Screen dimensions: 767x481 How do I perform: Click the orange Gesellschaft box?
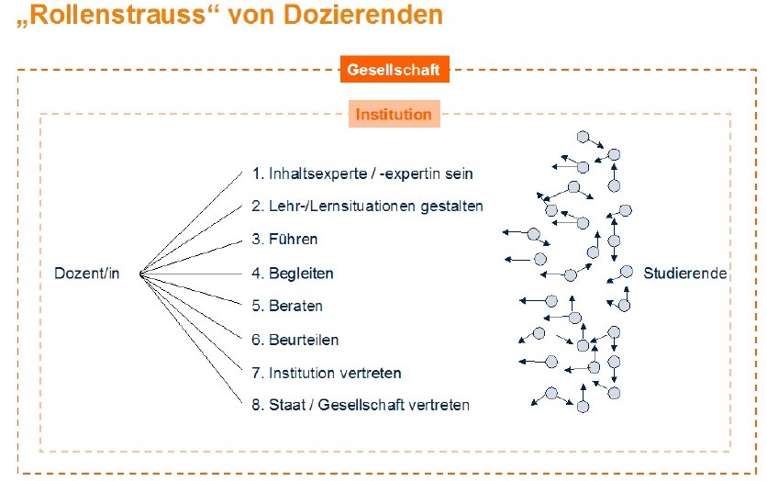tap(395, 70)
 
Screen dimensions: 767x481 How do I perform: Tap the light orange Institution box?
tap(395, 114)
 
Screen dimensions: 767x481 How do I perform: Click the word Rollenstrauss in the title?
tap(120, 15)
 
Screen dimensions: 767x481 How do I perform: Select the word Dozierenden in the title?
tap(363, 15)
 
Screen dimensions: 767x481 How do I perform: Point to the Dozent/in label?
tap(87, 273)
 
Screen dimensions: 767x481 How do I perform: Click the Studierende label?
tap(684, 273)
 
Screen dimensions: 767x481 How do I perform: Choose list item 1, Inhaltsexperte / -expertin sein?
tap(362, 173)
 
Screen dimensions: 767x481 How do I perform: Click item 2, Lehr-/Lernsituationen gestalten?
tap(367, 206)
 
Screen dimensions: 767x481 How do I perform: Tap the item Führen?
tap(284, 239)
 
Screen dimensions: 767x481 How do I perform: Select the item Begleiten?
tap(293, 273)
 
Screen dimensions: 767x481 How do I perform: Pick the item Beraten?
tap(287, 306)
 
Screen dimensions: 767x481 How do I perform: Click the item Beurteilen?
tap(295, 340)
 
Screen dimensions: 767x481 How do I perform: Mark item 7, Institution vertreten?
tap(327, 373)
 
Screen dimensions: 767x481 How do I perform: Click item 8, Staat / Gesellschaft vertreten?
tap(361, 405)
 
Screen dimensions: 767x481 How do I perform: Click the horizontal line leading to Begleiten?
tap(191, 274)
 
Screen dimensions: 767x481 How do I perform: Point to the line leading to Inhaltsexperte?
tap(191, 223)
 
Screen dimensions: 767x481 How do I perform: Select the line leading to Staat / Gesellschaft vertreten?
tap(191, 338)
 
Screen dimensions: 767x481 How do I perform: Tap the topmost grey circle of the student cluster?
tap(583, 137)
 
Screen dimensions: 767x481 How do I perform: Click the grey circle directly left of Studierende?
tap(627, 272)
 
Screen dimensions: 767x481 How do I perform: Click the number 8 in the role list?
tap(256, 405)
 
